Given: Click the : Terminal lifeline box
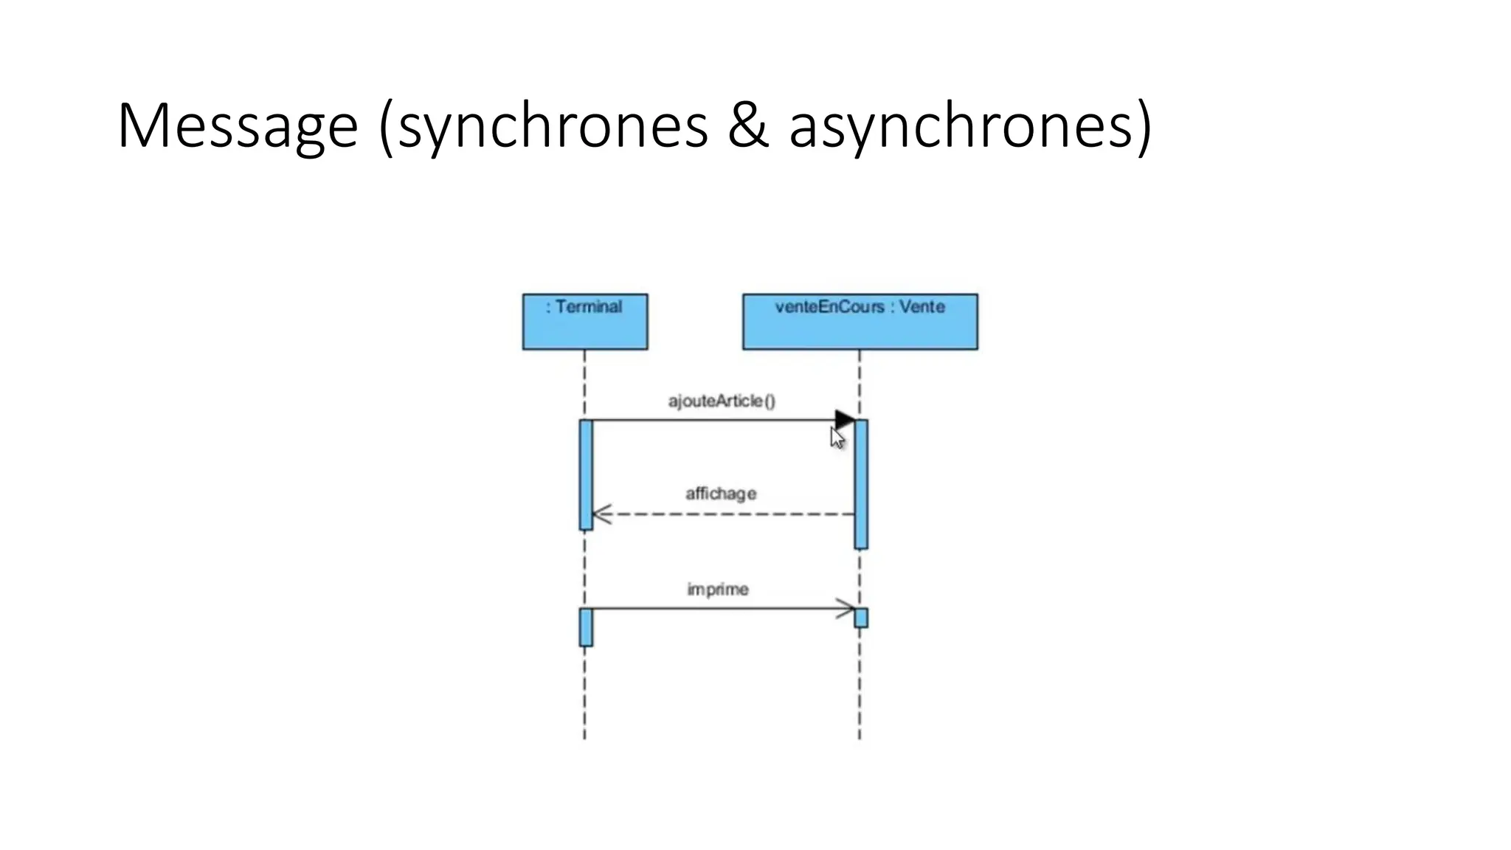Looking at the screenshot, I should [x=585, y=321].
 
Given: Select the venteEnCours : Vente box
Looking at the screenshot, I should [x=860, y=321].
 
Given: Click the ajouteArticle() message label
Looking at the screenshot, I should [x=722, y=401].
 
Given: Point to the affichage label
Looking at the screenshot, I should [x=721, y=493].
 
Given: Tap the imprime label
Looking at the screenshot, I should [x=718, y=589].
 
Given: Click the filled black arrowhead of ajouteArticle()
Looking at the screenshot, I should [x=845, y=420].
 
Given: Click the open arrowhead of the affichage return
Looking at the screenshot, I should [x=601, y=514].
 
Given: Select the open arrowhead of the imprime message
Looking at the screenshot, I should [x=846, y=609].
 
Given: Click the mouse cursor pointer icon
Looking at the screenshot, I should [x=837, y=438].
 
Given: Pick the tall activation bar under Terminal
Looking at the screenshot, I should [x=586, y=474].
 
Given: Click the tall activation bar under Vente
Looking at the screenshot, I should [x=861, y=484].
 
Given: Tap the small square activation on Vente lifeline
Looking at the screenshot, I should [x=861, y=618].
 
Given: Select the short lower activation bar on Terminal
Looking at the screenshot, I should [x=586, y=627].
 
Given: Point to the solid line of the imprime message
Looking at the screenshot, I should [x=708, y=609].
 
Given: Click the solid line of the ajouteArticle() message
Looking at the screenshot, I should [x=708, y=420].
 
